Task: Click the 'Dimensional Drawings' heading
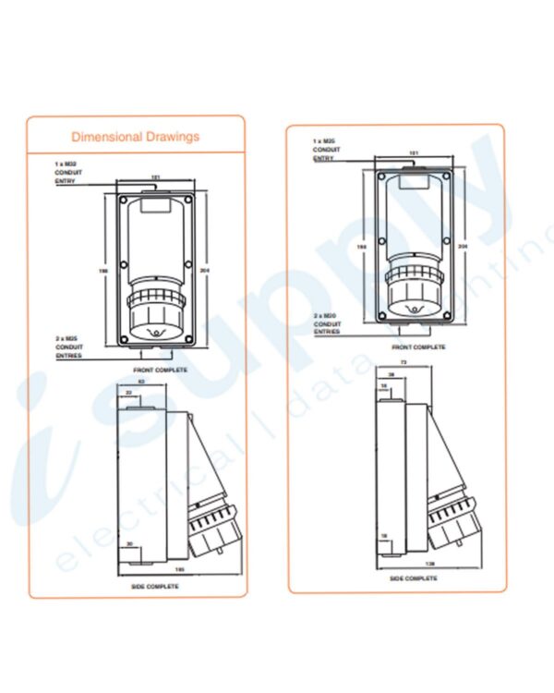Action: pyautogui.click(x=135, y=137)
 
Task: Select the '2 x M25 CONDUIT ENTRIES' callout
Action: pyautogui.click(x=69, y=347)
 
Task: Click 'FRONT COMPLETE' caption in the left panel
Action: pyautogui.click(x=160, y=370)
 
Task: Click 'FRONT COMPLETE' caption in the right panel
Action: pyautogui.click(x=418, y=347)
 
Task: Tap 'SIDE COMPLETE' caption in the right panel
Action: pyautogui.click(x=413, y=577)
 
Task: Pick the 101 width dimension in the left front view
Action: pyautogui.click(x=155, y=176)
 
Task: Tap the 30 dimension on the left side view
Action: pyautogui.click(x=130, y=542)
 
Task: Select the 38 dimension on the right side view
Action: pyautogui.click(x=391, y=374)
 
